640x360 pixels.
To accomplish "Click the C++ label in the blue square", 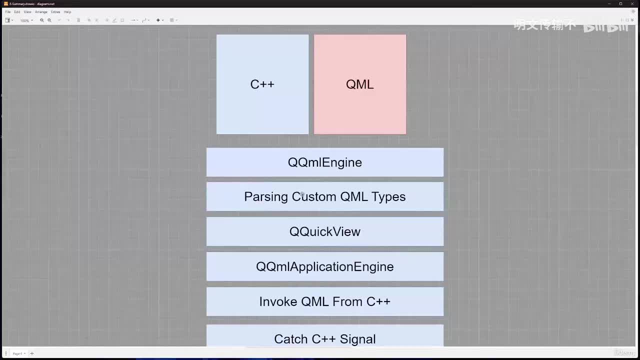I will click(262, 84).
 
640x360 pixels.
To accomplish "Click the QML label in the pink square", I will click(359, 84).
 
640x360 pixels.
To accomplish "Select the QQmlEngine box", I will click(324, 162).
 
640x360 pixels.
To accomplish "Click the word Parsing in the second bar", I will click(266, 197).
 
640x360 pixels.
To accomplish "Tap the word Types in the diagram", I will click(388, 197).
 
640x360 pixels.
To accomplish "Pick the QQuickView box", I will click(324, 231).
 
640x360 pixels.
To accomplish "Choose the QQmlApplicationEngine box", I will click(324, 266).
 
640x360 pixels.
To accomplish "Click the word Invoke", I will click(278, 301).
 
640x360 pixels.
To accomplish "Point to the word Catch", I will click(291, 339).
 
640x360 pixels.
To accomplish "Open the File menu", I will click(8, 12).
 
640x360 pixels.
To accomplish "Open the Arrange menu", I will click(41, 12).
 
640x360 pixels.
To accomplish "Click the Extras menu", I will click(55, 12).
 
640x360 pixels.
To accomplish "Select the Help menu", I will click(67, 12).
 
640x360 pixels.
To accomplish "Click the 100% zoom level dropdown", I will click(26, 20).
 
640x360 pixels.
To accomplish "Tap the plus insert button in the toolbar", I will click(158, 20).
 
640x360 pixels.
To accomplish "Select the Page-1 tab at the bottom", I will click(18, 353).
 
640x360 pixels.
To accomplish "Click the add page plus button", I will click(32, 353).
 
